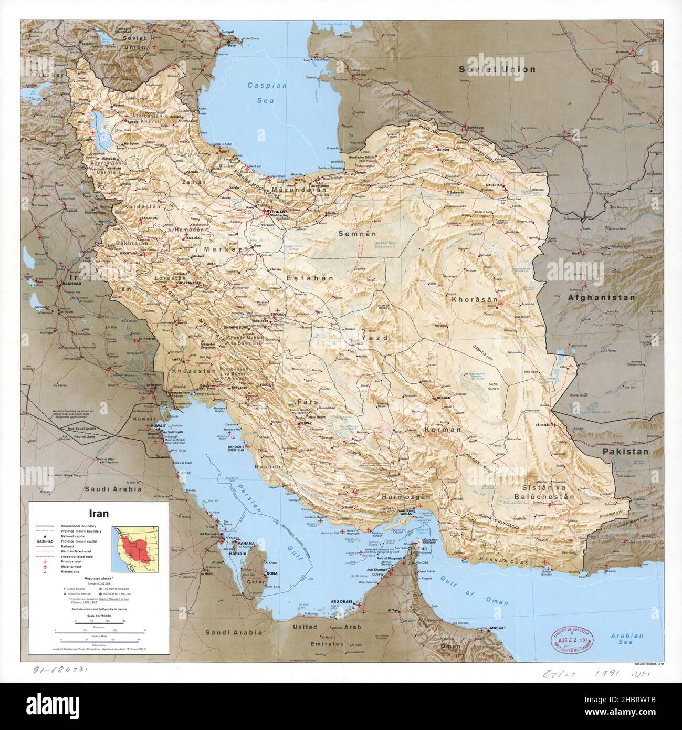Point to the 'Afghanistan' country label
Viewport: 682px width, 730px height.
601,297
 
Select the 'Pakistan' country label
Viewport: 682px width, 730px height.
625,451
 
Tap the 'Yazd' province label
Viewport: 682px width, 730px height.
374,338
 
